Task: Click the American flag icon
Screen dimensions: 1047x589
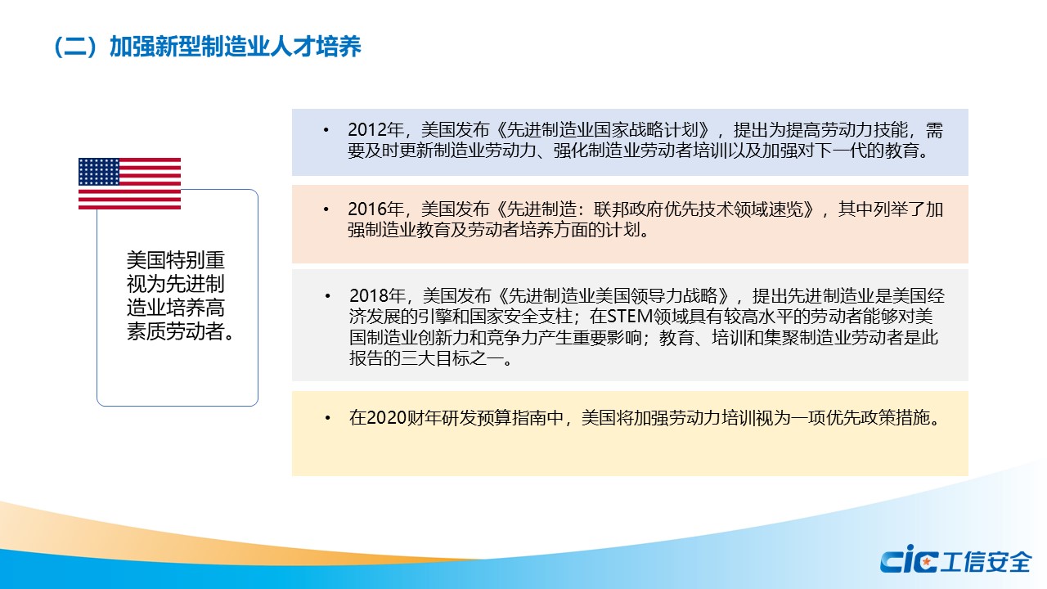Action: (x=129, y=183)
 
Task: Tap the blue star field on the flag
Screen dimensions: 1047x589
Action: (x=99, y=172)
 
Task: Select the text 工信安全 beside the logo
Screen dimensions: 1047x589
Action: (x=986, y=561)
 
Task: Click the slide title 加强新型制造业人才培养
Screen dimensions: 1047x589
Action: (x=235, y=47)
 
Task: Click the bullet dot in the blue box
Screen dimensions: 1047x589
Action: (x=326, y=130)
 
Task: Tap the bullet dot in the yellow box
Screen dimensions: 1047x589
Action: (x=328, y=418)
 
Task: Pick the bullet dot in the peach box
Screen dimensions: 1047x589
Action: (x=326, y=209)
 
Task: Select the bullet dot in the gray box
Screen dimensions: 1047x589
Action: (x=328, y=296)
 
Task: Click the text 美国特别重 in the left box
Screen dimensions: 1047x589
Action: (x=176, y=260)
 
